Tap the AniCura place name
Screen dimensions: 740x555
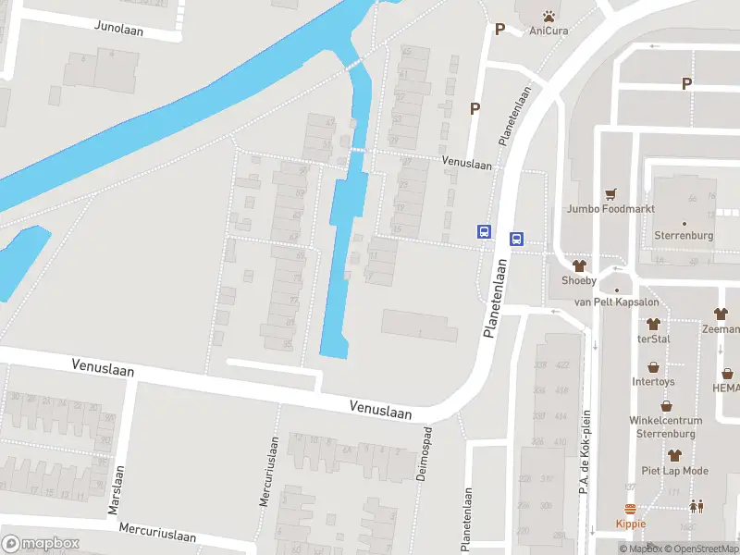(x=549, y=31)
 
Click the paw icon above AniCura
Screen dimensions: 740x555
(x=549, y=15)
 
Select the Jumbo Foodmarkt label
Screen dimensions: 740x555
(x=611, y=209)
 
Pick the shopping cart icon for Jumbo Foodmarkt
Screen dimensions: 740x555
(x=610, y=194)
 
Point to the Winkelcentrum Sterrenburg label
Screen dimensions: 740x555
(x=666, y=426)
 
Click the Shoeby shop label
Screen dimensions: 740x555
(x=579, y=281)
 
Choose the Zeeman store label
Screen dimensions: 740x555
(x=721, y=328)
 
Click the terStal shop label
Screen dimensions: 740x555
(x=653, y=339)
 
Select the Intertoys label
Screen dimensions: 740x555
(x=654, y=381)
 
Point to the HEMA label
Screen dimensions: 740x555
(x=726, y=388)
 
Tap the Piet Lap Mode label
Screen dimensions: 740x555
(x=674, y=471)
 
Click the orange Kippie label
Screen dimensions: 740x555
(x=631, y=524)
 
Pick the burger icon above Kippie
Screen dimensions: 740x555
(x=631, y=509)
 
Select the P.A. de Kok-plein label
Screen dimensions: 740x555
(x=586, y=452)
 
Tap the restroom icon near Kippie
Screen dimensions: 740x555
(x=695, y=506)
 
